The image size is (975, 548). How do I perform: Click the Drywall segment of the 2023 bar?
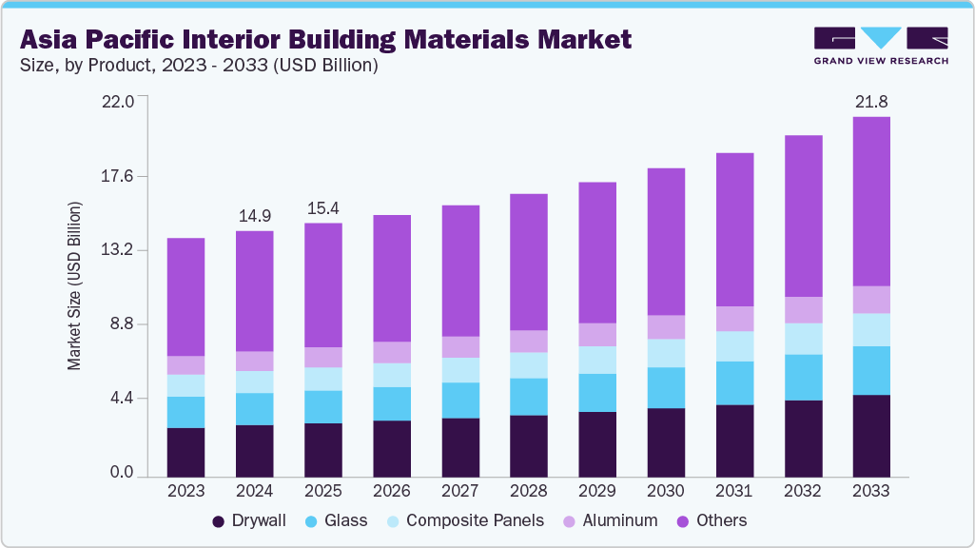[x=185, y=452]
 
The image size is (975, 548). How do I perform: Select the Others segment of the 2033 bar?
[x=871, y=201]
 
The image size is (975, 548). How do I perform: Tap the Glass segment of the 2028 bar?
[x=529, y=397]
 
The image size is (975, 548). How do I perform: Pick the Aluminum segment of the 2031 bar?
[x=734, y=319]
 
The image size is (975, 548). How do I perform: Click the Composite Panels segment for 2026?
[x=392, y=375]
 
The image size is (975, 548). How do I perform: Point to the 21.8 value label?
[x=871, y=101]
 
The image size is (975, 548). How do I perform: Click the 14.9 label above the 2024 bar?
[x=255, y=215]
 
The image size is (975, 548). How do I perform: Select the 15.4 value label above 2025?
[x=323, y=207]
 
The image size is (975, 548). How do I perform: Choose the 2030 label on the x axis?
[x=666, y=491]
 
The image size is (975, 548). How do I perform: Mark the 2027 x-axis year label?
[x=460, y=491]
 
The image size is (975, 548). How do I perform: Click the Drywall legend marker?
[x=219, y=521]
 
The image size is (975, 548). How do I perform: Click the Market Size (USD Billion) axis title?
[x=74, y=285]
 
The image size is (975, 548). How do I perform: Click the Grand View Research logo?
[x=880, y=46]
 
